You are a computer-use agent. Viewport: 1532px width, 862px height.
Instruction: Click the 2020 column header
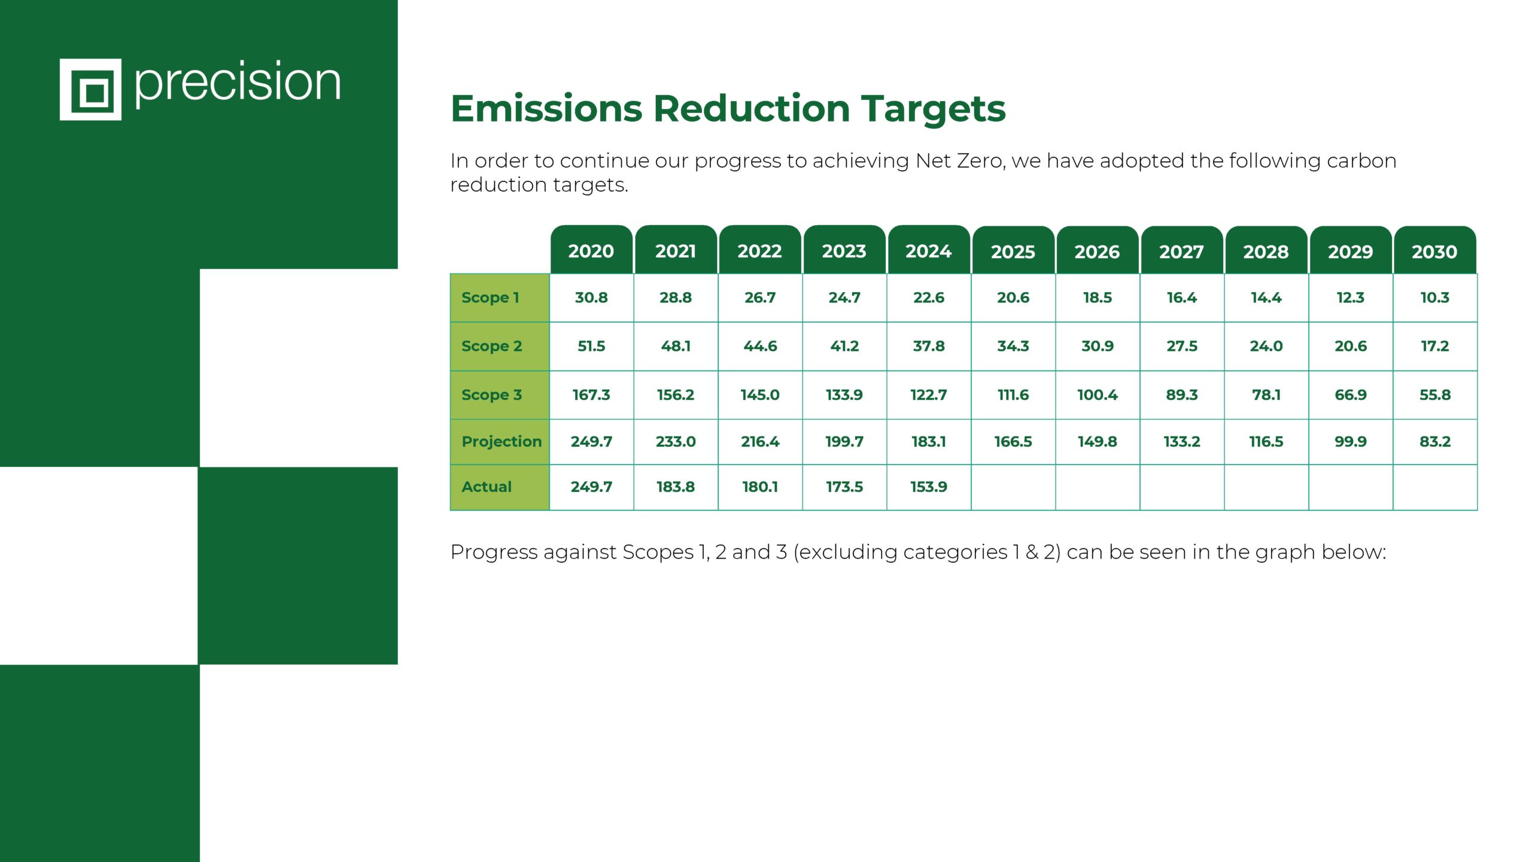pos(591,250)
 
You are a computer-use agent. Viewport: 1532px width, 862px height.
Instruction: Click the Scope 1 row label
pos(490,298)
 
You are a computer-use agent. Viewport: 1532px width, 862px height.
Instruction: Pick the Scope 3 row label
pos(491,395)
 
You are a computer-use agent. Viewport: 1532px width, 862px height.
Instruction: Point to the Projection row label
pos(501,442)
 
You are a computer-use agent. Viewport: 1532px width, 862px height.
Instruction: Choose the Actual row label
pos(487,487)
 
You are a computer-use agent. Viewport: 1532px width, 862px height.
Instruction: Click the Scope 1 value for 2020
pos(591,298)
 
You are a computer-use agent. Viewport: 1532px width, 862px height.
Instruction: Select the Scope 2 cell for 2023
pos(844,346)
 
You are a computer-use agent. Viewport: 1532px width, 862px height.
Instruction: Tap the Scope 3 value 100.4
pos(1098,395)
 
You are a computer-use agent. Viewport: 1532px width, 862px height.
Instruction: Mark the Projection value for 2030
pos(1435,442)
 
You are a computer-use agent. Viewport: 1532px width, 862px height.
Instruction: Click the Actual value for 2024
pos(929,487)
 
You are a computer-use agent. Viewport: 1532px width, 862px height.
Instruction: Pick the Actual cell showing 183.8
pos(676,487)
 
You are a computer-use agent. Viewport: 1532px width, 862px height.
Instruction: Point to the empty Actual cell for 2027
pos(1182,487)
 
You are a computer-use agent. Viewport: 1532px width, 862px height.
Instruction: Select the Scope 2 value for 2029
pos(1351,346)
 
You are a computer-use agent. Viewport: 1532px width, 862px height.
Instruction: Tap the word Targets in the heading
pos(934,110)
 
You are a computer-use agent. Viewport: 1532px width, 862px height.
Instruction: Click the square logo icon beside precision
pos(90,89)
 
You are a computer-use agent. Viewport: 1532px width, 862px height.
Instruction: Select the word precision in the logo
pos(238,83)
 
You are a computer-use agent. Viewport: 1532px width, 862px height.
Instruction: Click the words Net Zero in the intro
pos(959,160)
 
